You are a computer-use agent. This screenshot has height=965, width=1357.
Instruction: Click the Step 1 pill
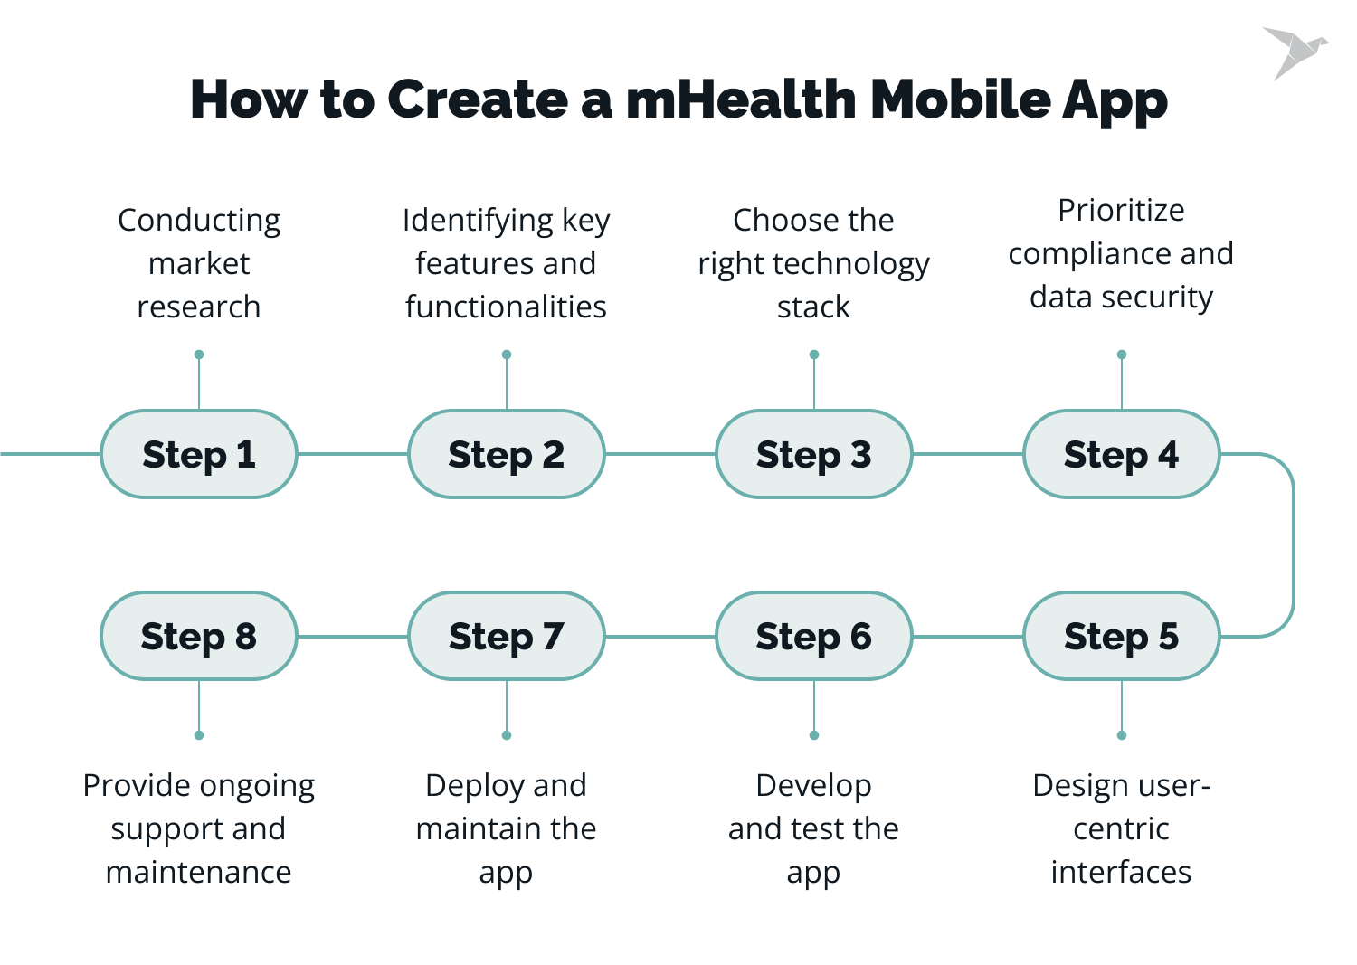[x=199, y=454]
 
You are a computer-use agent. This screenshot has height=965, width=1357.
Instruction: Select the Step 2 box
[x=507, y=454]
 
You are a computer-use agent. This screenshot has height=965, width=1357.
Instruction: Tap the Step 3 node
[x=814, y=454]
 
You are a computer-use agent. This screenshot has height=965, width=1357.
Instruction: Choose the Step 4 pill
[x=1122, y=454]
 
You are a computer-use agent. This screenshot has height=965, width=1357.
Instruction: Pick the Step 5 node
[x=1122, y=636]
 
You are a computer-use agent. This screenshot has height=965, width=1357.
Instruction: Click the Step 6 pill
[x=814, y=636]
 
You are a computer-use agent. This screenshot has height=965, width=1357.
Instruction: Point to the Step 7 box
[x=507, y=636]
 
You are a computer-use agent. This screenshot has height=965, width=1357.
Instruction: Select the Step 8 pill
[x=199, y=636]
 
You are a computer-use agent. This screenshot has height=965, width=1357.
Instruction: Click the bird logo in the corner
[x=1295, y=52]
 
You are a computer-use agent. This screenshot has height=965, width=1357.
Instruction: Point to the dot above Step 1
[x=199, y=355]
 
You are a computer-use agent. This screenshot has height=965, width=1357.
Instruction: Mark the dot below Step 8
[x=199, y=735]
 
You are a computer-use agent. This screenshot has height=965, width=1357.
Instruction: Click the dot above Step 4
[x=1122, y=355]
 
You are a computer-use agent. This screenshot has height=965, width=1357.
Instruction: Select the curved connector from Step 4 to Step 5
[x=1293, y=545]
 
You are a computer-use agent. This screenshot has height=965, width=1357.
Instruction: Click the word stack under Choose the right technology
[x=813, y=307]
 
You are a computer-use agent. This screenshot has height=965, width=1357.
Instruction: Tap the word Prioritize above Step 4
[x=1121, y=211]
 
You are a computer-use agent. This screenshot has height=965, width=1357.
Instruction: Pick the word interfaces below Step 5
[x=1121, y=872]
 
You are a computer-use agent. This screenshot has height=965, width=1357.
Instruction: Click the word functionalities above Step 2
[x=506, y=307]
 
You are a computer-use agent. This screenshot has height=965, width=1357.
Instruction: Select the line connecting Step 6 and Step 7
[x=660, y=637]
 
